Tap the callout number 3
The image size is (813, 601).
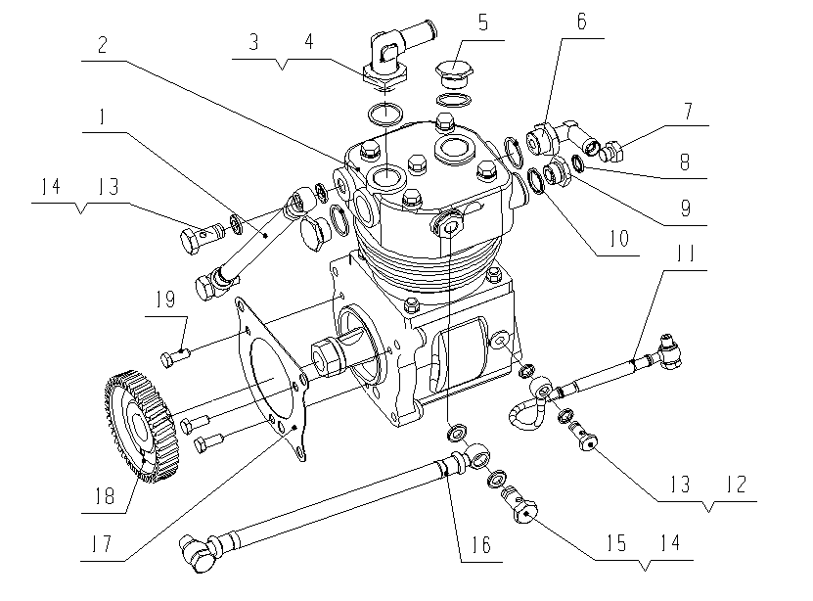pyautogui.click(x=253, y=43)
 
